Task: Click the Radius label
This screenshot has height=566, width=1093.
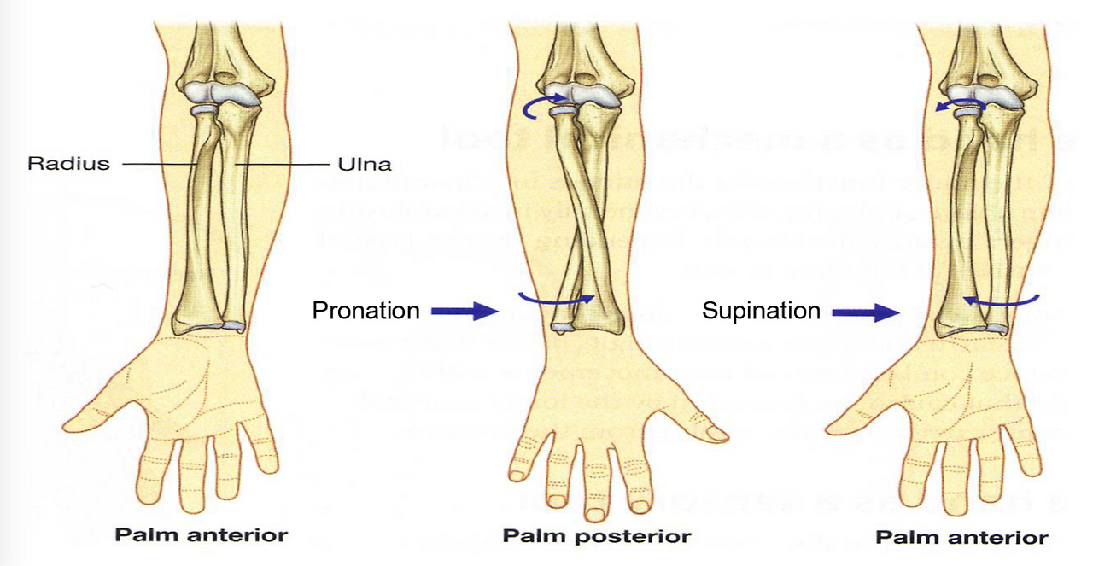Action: pos(69,162)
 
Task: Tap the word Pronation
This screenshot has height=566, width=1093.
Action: pos(365,311)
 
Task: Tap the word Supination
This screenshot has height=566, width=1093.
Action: pos(761,311)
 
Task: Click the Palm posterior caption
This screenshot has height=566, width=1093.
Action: pos(596,537)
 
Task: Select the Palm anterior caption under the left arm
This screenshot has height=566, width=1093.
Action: pos(202,536)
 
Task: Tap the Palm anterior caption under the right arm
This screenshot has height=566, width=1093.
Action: pos(961,538)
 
